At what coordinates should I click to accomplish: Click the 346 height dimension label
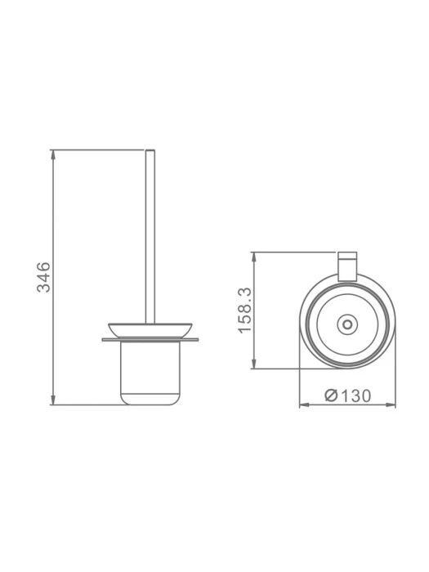(44, 277)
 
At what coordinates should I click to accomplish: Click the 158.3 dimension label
(245, 310)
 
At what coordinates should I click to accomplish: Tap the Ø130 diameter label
(347, 395)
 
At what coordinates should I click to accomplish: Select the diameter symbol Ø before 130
(331, 395)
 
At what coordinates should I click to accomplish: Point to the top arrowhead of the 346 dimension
(53, 155)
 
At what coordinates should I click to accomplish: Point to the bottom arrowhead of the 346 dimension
(53, 400)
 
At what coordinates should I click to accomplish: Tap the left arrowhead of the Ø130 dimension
(305, 404)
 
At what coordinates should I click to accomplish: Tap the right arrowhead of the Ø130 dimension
(391, 404)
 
